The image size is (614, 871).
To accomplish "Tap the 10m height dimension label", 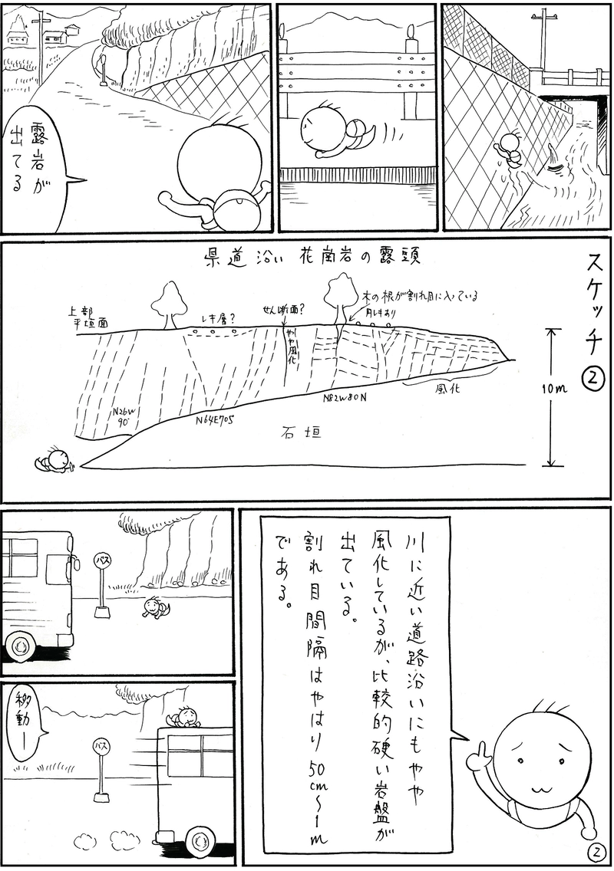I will point(553,389).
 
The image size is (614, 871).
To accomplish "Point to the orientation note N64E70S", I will point(214,419).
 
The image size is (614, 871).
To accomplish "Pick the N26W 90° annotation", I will point(123,416).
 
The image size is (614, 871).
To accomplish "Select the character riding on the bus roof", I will point(184,718).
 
